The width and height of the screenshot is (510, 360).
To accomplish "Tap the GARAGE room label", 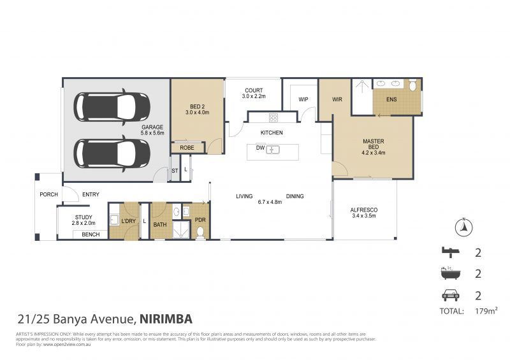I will coord(153,130).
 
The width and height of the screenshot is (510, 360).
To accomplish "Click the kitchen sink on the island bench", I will coord(273,150).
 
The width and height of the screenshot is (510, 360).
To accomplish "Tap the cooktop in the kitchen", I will coord(273,117).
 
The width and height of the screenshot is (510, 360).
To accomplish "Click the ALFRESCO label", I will coord(365,212).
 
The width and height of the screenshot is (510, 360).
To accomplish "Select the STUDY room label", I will coord(83,220).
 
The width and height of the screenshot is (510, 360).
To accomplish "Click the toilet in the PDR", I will coord(200,233).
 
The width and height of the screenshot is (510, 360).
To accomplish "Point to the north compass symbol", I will coord(464,226).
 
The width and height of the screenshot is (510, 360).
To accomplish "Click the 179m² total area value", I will coord(486,311).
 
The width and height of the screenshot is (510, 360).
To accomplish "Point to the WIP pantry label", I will coord(303,99).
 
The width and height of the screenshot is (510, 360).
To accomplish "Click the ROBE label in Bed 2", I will coord(187,147).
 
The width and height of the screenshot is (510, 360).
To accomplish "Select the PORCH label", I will coord(48,194).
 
